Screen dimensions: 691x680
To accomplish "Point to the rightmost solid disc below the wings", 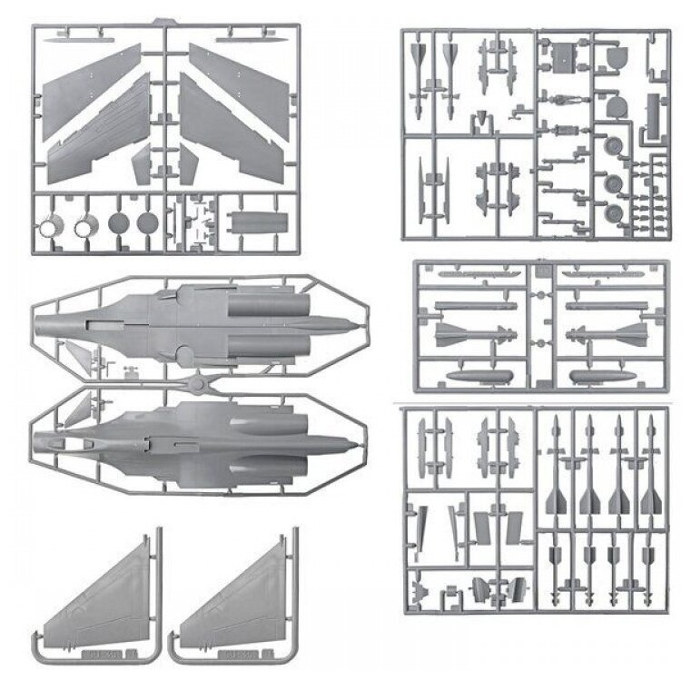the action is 146,222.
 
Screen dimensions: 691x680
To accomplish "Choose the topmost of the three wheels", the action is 611,145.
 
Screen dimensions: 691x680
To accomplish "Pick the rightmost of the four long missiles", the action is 649,463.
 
